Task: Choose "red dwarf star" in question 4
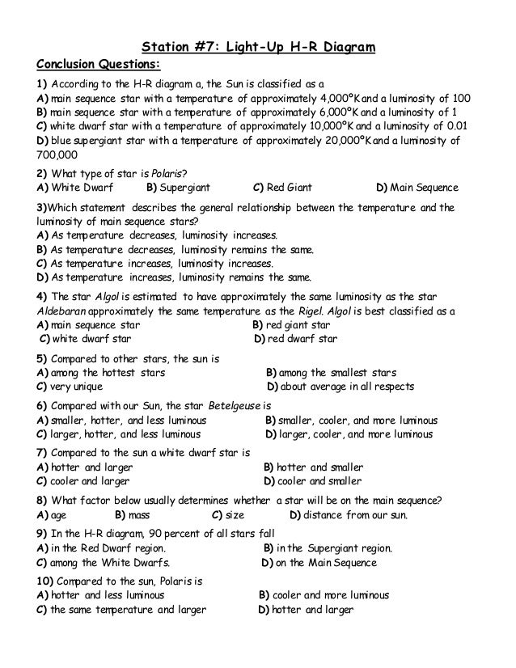(302, 339)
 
